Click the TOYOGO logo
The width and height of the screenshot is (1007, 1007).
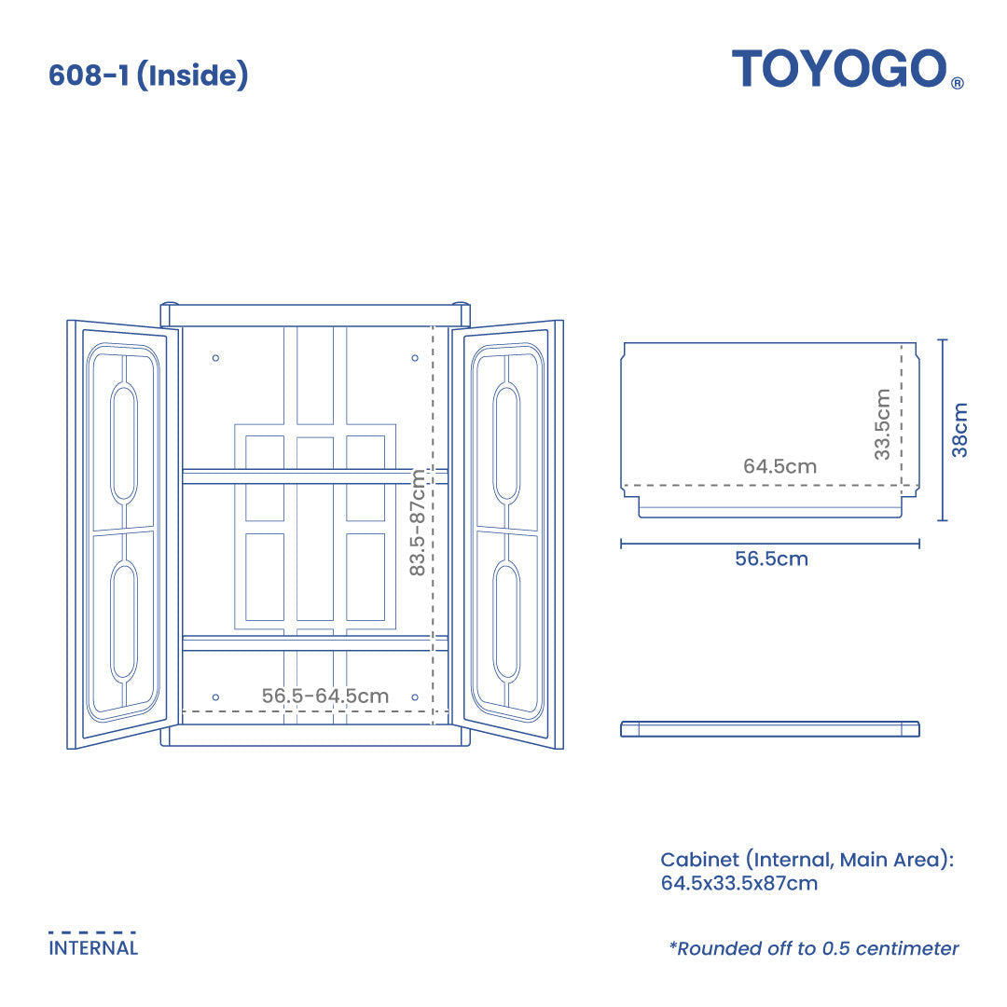[x=839, y=69]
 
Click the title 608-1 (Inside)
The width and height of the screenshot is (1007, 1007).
[x=148, y=76]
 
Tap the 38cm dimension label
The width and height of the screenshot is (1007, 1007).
[x=959, y=430]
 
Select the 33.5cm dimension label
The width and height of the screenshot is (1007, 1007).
[x=882, y=424]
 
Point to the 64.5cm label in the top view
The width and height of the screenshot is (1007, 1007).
[x=779, y=466]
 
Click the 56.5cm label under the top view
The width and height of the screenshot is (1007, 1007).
[x=771, y=559]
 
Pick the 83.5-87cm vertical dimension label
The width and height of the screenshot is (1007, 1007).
[x=418, y=522]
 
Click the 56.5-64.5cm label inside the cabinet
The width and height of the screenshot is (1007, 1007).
[x=324, y=696]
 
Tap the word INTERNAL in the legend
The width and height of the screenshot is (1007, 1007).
[x=93, y=948]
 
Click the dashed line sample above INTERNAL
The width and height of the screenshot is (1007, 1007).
[x=92, y=931]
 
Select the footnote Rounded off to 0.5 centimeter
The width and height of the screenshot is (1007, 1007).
[x=813, y=948]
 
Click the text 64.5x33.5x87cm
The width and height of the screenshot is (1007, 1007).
[x=738, y=883]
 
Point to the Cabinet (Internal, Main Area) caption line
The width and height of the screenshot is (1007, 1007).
[x=807, y=860]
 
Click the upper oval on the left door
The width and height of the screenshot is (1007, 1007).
[x=124, y=443]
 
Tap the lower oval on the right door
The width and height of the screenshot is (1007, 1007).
[x=506, y=620]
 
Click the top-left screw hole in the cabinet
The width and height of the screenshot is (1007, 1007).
[x=215, y=358]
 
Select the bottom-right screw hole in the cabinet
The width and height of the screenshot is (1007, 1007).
[x=415, y=697]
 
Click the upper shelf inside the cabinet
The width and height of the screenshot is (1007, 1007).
[x=315, y=476]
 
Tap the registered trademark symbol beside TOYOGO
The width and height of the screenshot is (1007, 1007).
[x=957, y=83]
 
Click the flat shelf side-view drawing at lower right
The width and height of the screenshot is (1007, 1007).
[x=770, y=728]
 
